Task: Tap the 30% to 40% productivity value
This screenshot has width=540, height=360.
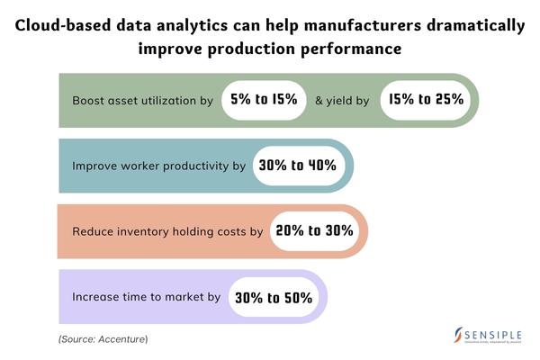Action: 296,166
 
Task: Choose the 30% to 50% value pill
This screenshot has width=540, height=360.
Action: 273,296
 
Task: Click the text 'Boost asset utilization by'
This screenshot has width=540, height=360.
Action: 142,101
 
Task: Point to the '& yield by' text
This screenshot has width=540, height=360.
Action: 342,101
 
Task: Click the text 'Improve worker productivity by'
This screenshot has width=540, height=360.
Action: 158,166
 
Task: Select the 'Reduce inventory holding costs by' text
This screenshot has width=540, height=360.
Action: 167,231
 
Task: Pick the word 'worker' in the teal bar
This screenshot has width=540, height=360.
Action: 148,166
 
